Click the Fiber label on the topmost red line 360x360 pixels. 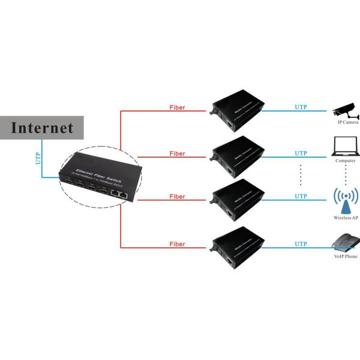177,108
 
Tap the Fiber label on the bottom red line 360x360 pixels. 177,244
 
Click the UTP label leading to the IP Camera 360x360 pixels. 301,107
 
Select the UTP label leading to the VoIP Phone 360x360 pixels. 301,244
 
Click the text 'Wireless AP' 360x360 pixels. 346,219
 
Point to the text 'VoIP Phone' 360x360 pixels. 346,257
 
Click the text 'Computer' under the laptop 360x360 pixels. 346,161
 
